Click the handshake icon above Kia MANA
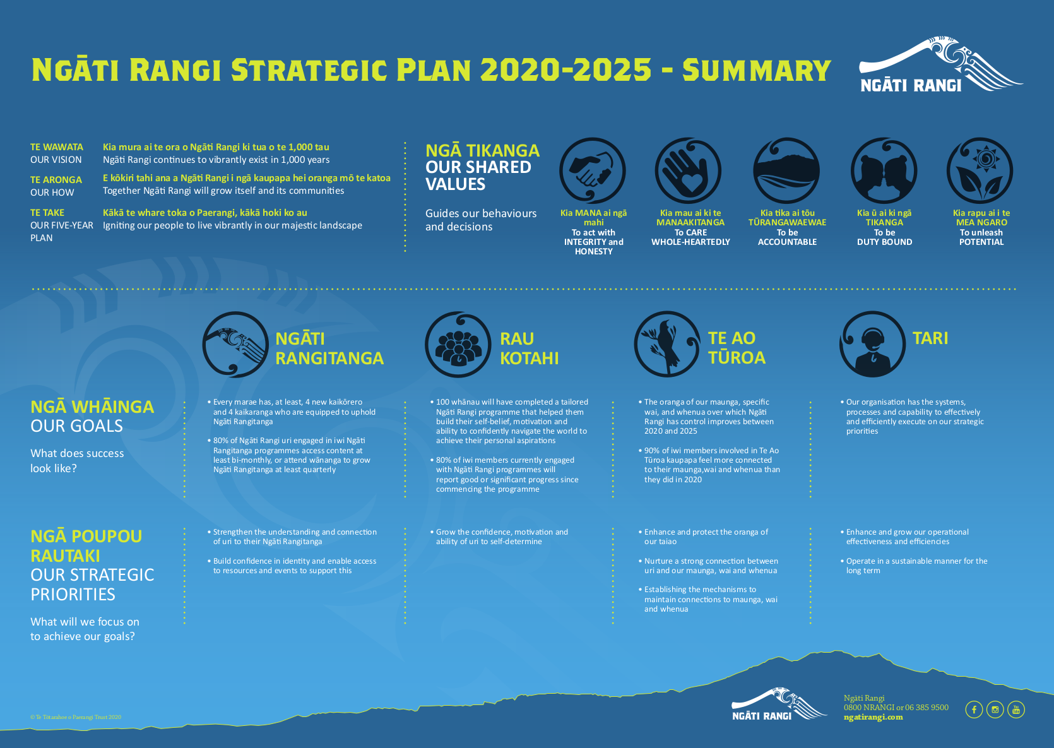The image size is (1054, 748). [x=592, y=170]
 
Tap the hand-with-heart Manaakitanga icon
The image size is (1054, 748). [x=688, y=170]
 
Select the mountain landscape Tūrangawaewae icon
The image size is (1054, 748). [x=786, y=170]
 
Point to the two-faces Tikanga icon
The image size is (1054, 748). [x=884, y=170]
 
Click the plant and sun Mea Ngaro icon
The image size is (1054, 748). [x=980, y=170]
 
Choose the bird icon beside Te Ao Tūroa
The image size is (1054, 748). [x=667, y=344]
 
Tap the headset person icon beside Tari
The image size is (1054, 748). [x=872, y=344]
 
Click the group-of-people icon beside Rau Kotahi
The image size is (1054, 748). [x=458, y=344]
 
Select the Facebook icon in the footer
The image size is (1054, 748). [x=974, y=709]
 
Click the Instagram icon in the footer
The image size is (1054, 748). [x=995, y=709]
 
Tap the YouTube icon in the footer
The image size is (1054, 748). [x=1016, y=709]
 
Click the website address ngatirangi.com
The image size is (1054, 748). [x=873, y=717]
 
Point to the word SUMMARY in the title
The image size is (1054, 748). [x=756, y=70]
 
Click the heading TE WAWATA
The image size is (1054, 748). [x=57, y=147]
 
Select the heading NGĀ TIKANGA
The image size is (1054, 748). [x=482, y=151]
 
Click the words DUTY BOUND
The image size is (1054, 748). [x=884, y=242]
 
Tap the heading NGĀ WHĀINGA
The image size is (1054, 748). [x=92, y=407]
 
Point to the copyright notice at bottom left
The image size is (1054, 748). [x=76, y=717]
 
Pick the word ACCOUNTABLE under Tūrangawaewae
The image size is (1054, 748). [x=787, y=242]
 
